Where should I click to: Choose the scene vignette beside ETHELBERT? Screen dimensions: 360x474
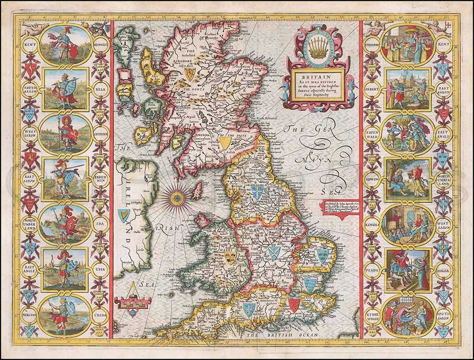pyautogui.click(x=409, y=44)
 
